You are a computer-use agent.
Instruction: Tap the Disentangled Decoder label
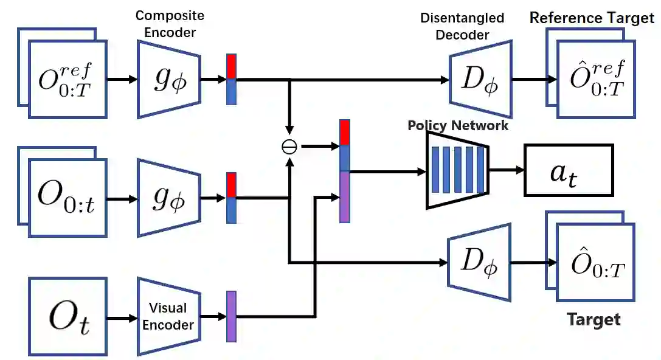pos(462,26)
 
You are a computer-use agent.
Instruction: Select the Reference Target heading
pos(591,18)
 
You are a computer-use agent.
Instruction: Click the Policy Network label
pos(457,125)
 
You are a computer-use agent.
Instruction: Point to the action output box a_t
pos(569,170)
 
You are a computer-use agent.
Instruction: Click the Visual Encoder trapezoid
pos(168,317)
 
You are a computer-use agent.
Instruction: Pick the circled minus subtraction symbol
pos(289,147)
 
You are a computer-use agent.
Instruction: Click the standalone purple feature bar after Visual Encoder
pos(231,316)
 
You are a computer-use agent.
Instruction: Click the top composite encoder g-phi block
pos(169,78)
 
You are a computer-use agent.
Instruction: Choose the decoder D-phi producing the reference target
pos(480,79)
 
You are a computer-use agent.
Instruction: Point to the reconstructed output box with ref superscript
pos(596,79)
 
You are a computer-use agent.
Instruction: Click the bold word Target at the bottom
pos(593,319)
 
